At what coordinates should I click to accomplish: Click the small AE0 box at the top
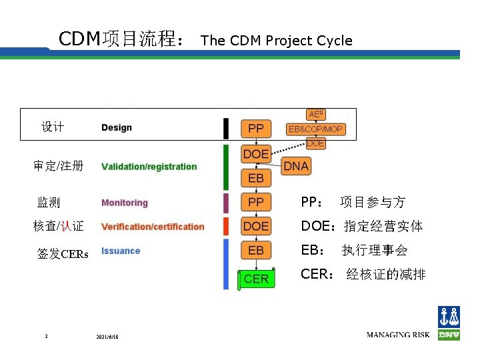316,115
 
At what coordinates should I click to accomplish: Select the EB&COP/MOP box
315,129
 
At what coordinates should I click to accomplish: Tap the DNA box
296,166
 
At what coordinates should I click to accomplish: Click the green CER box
256,279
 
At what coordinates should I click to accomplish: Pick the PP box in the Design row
256,128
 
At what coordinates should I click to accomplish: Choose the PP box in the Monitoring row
256,201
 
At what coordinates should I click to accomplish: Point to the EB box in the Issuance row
256,250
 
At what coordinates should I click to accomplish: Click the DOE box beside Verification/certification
256,226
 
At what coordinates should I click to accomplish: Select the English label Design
117,127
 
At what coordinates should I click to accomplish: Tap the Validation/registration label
149,167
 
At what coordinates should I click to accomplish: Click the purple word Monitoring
125,203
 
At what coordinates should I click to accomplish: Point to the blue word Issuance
121,251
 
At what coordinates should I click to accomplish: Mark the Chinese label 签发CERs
63,253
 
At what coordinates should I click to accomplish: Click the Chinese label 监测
49,202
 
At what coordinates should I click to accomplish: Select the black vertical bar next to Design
226,128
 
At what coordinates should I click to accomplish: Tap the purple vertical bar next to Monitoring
226,202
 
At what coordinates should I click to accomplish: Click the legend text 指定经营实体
383,226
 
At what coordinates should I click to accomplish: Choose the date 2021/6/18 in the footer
107,336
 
